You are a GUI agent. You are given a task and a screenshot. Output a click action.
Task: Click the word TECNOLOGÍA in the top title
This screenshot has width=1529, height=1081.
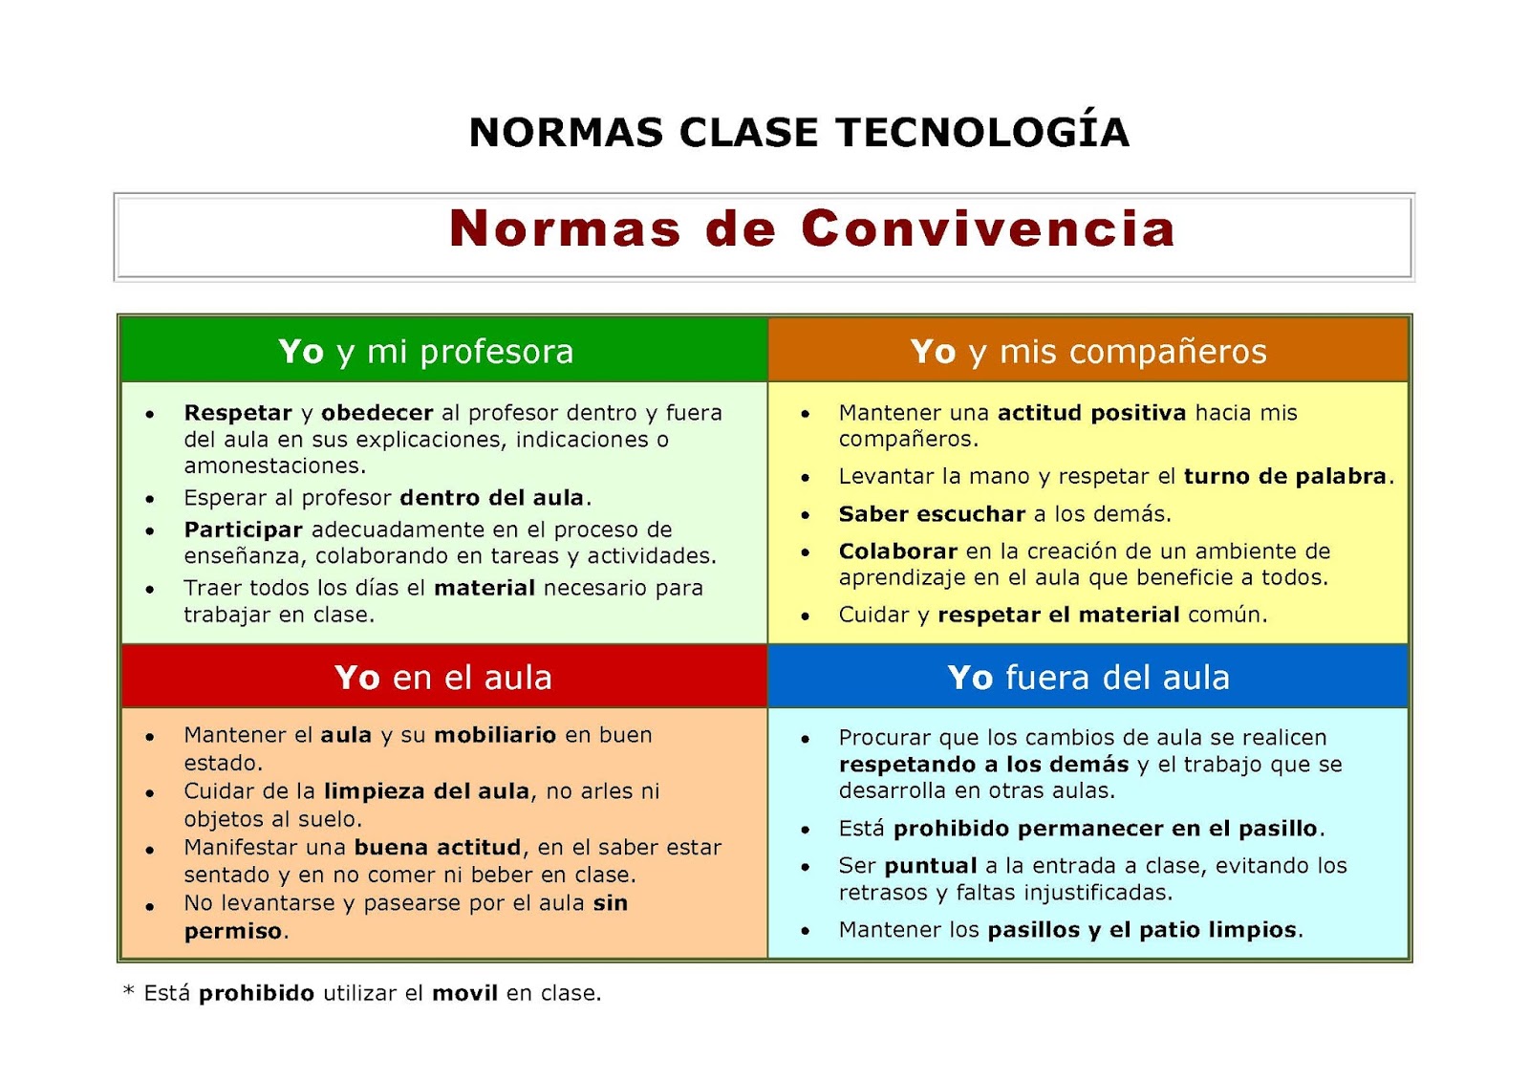click(982, 133)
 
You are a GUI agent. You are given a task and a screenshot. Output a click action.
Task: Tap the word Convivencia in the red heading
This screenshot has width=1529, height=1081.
click(988, 229)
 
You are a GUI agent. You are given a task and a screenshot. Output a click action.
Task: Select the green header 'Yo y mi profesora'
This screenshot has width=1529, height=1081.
click(426, 352)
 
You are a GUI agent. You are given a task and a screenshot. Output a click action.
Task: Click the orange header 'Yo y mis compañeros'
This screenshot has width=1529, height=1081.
click(1088, 352)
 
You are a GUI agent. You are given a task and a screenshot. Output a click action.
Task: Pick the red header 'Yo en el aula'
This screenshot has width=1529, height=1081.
click(443, 678)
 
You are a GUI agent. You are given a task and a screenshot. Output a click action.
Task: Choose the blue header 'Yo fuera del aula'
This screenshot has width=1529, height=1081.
click(1088, 678)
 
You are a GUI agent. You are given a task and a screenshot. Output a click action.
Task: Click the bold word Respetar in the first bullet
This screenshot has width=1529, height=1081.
click(238, 413)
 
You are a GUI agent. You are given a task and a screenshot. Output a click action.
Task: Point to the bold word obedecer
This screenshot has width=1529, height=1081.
click(377, 413)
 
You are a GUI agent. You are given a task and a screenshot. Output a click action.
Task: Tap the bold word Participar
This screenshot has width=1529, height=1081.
click(243, 530)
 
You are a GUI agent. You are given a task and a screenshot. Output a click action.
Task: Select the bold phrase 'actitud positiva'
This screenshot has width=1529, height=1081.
click(1091, 413)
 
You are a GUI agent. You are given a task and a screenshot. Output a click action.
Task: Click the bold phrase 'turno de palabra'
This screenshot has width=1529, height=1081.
click(1284, 476)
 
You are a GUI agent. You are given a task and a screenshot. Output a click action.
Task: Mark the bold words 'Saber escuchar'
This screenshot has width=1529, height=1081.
click(932, 514)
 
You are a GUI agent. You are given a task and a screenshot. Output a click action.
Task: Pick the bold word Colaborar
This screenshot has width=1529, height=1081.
click(897, 551)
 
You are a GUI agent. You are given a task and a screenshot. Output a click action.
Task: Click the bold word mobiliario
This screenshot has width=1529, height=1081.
click(495, 735)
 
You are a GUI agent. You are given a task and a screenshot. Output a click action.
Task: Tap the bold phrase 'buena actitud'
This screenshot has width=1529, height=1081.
click(438, 848)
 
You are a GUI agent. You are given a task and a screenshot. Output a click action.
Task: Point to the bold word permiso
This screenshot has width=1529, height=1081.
click(233, 931)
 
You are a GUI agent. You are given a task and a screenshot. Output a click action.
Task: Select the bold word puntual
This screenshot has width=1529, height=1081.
click(930, 866)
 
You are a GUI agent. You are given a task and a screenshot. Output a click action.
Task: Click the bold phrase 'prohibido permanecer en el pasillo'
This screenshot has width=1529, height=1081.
click(1106, 829)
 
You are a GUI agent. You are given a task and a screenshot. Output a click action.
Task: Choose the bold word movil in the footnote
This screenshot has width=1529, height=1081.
click(464, 993)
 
